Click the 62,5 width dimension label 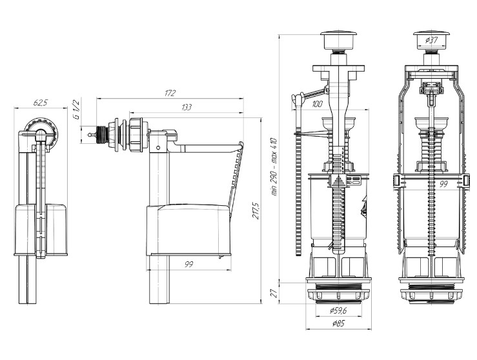41,103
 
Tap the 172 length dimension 170,93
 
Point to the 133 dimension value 187,107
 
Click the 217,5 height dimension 256,211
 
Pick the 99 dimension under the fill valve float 188,265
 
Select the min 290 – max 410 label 274,167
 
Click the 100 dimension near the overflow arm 318,104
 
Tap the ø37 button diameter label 431,40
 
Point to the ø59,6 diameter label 338,310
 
